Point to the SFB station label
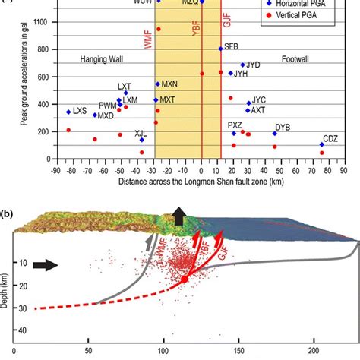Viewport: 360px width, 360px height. (232, 47)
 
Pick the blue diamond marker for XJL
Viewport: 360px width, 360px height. (142, 139)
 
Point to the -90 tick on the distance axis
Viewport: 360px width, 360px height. (55, 173)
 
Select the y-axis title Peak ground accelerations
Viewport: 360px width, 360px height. (26, 84)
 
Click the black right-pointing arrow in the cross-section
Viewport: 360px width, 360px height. (44, 266)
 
